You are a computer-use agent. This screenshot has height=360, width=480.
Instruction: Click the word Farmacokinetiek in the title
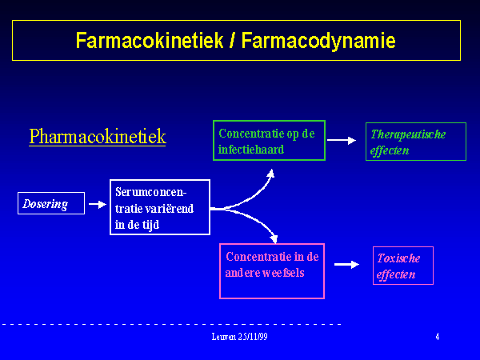pos(150,41)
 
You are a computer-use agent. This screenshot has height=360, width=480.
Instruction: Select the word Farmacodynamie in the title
pos(318,41)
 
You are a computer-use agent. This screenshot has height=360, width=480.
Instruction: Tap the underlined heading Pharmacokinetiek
pos(98,137)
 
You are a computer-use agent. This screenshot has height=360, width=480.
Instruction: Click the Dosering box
pos(51,203)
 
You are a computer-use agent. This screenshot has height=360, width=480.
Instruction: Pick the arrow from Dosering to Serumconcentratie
pos(98,204)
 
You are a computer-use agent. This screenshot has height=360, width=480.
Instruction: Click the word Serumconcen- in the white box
pos(150,192)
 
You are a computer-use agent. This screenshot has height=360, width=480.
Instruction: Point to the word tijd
pos(150,226)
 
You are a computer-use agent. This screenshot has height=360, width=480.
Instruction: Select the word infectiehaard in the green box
pos(251,150)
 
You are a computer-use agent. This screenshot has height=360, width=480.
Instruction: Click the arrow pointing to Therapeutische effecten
pos(342,140)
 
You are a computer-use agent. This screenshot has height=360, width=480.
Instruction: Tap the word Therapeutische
pos(408,134)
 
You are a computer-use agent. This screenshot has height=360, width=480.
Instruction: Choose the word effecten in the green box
pos(390,150)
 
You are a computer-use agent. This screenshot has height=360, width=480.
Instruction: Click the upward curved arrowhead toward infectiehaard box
pos(270,174)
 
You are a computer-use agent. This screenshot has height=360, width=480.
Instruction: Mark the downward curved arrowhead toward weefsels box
pos(274,238)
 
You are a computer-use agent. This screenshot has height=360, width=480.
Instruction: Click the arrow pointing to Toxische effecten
pos(346,264)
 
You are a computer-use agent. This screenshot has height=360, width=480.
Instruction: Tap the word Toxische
pos(398,258)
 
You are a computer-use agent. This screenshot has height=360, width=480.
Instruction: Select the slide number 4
pos(438,337)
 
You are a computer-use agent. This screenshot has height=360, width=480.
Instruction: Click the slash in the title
pos(233,41)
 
